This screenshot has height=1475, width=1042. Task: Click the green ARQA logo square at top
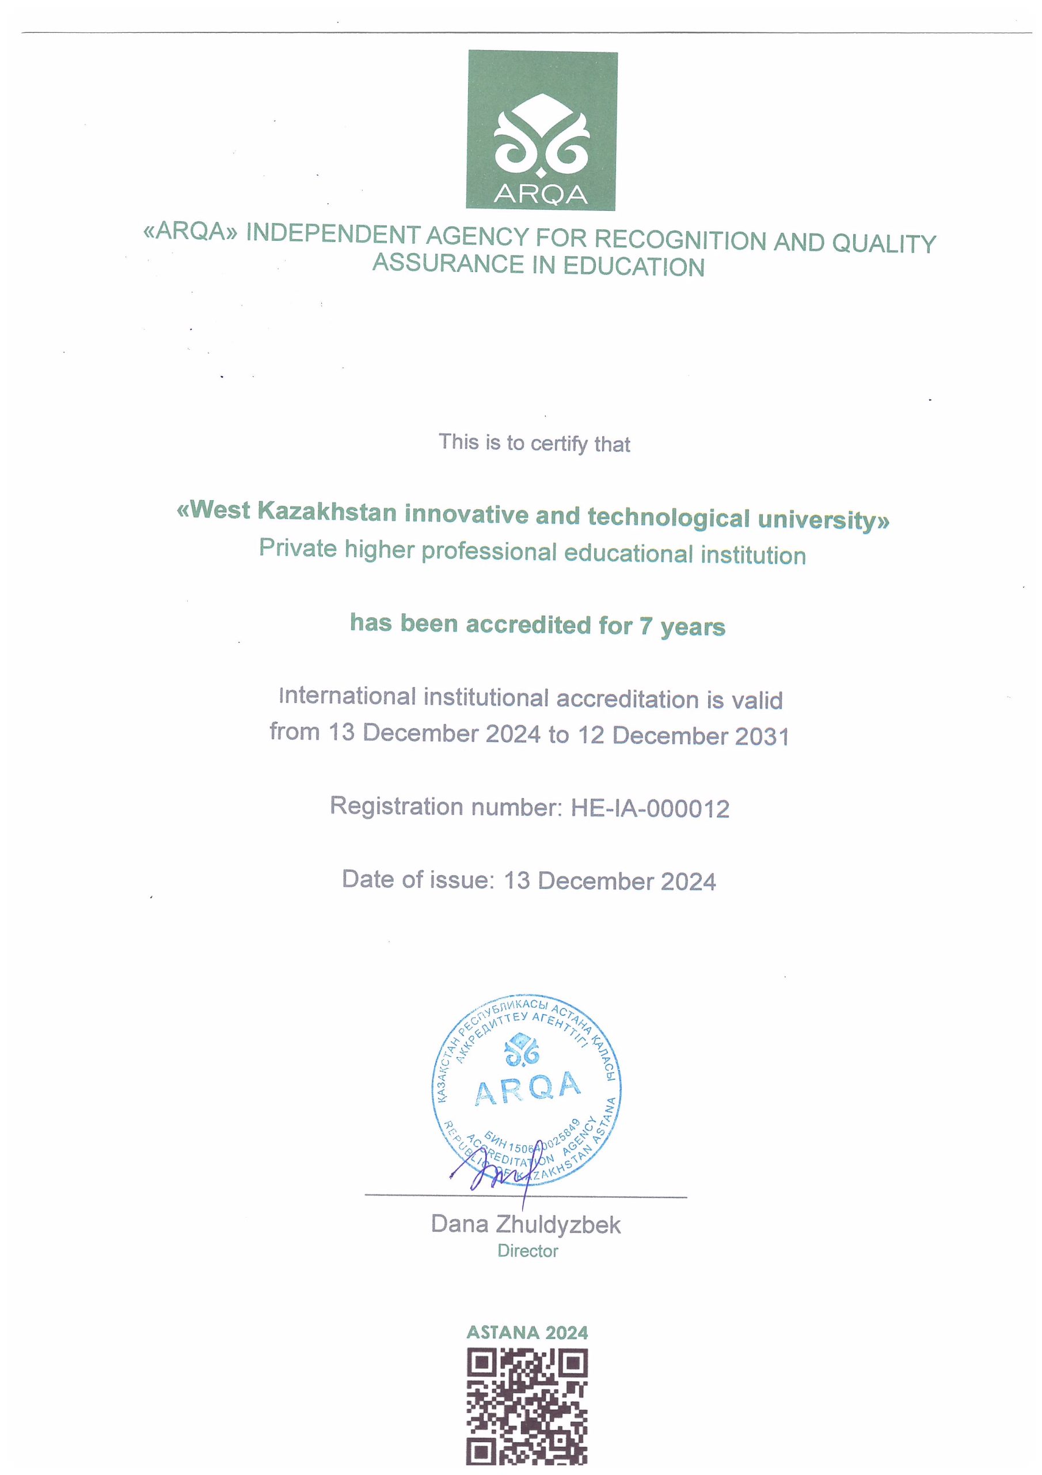[x=541, y=131]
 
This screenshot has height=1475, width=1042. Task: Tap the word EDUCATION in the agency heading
[x=634, y=267]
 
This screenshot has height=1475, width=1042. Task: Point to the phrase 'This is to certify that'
[x=534, y=443]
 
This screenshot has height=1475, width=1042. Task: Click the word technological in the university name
[x=668, y=518]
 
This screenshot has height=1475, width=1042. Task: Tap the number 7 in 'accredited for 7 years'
[x=645, y=626]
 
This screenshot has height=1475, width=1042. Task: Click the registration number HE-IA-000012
[x=650, y=809]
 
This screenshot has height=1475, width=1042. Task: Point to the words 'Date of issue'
[x=418, y=879]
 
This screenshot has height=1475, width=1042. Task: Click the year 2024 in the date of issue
[x=687, y=882]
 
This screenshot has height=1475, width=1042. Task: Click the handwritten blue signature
[x=495, y=1174]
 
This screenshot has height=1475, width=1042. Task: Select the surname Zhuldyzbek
[x=558, y=1225]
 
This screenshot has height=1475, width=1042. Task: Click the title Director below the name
[x=528, y=1251]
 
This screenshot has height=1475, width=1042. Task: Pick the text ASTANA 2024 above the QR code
[x=527, y=1333]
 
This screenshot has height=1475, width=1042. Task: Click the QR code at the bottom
[x=527, y=1407]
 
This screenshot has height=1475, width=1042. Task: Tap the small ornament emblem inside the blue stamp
[x=522, y=1049]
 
